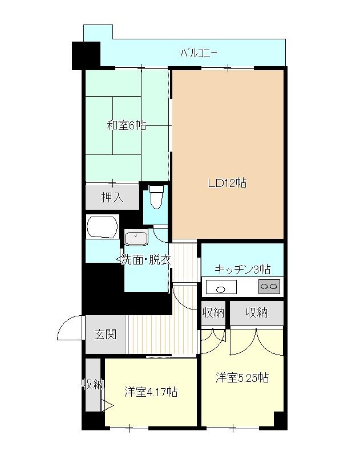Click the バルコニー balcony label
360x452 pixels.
point(198,54)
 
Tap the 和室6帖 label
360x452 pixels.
point(126,125)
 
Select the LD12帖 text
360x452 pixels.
point(227,183)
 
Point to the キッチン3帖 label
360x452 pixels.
point(242,270)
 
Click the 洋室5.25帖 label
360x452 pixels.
point(242,378)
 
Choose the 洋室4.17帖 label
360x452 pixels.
point(151,392)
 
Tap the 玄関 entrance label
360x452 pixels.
point(106,335)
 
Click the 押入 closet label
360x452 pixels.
point(112,197)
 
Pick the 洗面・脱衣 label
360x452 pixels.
point(145,260)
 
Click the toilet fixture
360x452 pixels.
point(156,197)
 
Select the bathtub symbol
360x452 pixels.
point(102,227)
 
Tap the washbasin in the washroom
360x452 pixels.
point(136,238)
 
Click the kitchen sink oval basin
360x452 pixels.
point(221,290)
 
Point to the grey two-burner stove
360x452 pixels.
point(269,287)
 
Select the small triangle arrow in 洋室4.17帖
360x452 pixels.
point(107,406)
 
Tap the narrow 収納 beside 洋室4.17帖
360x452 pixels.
point(93,385)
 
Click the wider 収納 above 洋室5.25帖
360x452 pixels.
point(257,313)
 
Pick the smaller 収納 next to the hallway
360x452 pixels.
point(213,313)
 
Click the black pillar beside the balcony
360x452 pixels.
point(86,56)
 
